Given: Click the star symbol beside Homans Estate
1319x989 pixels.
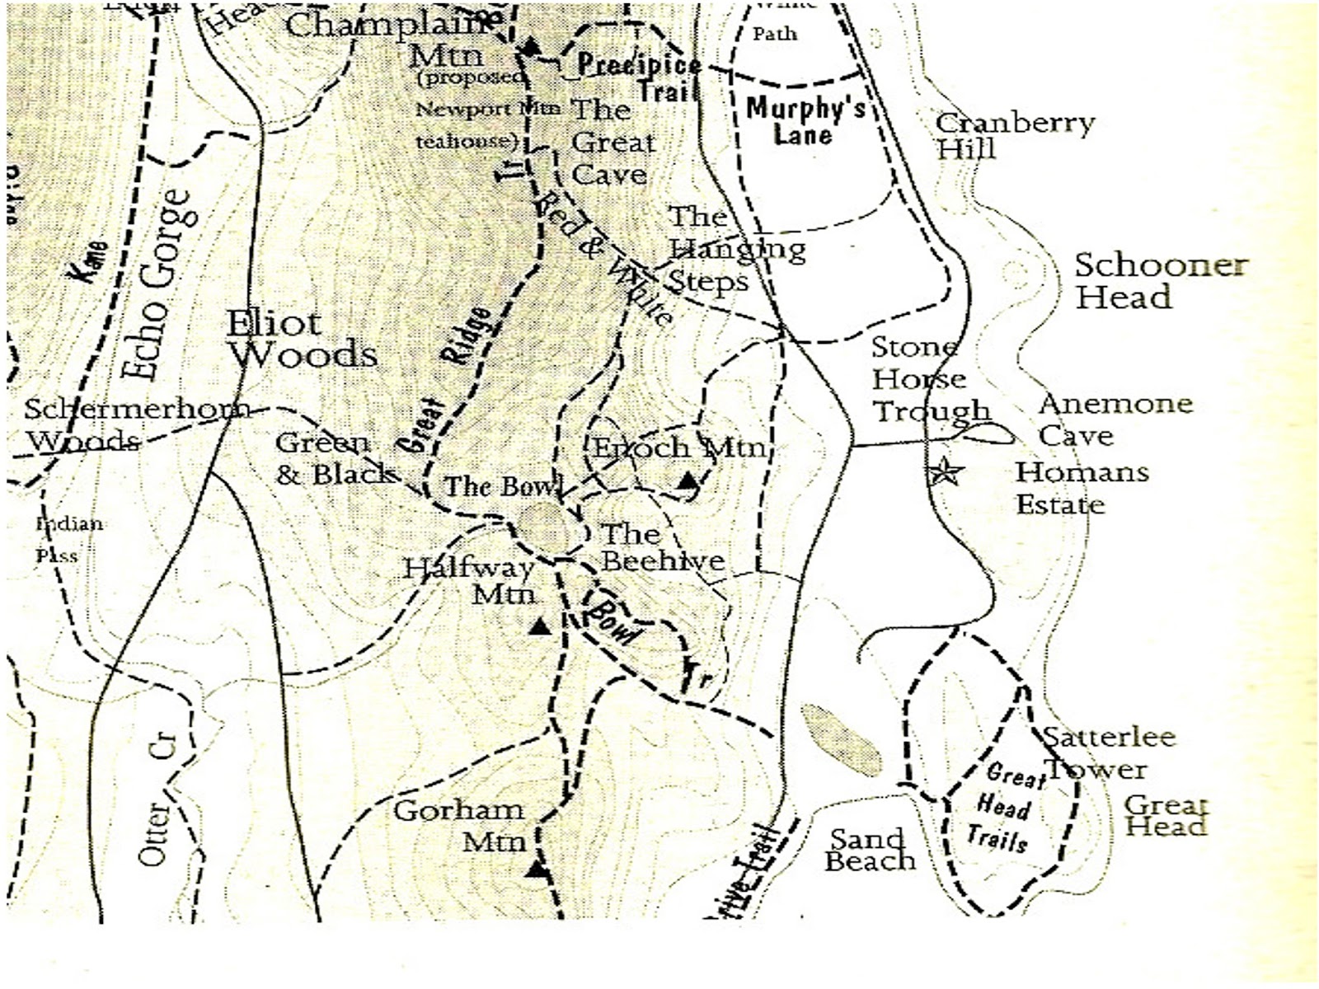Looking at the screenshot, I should [x=945, y=473].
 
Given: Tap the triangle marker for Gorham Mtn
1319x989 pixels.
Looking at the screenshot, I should [x=537, y=869].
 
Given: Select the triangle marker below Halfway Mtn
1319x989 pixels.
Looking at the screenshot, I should [x=539, y=627].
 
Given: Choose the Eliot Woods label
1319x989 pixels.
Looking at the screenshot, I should [x=302, y=339].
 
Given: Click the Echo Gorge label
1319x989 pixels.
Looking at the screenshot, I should [x=159, y=285].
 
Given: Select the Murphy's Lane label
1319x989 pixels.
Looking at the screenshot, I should [x=804, y=120].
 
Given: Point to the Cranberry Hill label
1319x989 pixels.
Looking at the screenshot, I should [x=1014, y=136].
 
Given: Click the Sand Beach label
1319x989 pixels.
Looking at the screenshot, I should [x=871, y=850].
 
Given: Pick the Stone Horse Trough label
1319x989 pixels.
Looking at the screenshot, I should [x=929, y=380].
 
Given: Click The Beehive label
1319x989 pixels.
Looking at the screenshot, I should [x=662, y=546].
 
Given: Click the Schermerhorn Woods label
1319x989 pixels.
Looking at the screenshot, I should [x=136, y=424].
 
